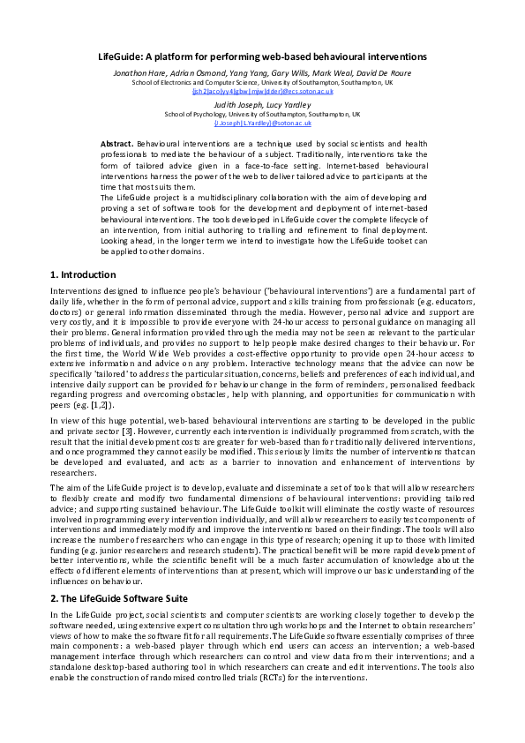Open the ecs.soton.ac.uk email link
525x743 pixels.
(261, 91)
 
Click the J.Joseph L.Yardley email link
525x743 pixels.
(261, 124)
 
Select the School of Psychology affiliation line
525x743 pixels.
(261, 115)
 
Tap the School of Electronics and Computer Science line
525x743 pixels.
(262, 82)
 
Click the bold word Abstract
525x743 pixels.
(117, 142)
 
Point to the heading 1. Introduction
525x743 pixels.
(84, 274)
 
